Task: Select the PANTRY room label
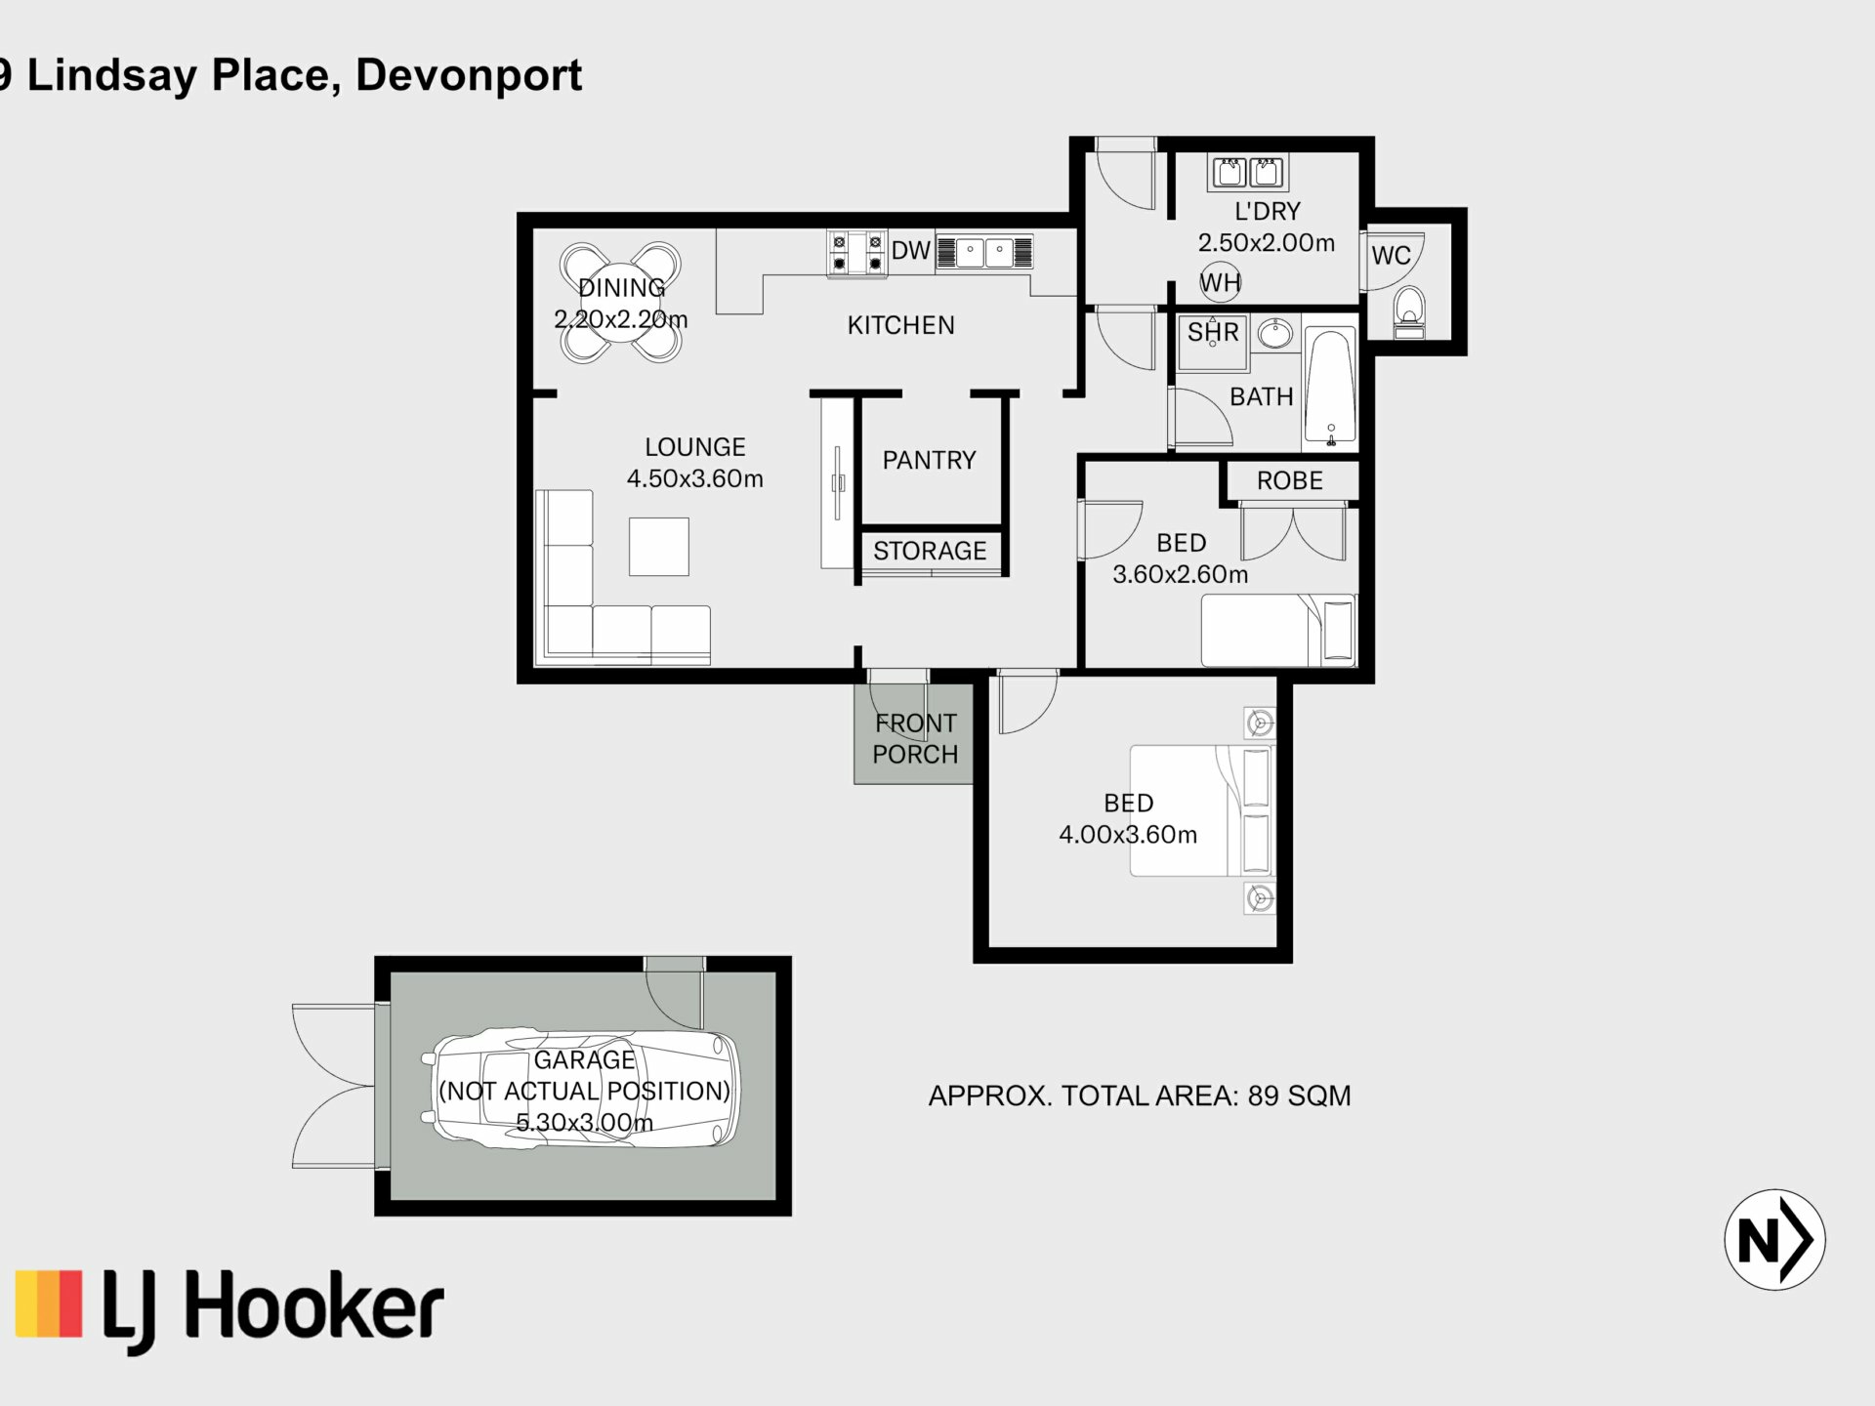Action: point(929,460)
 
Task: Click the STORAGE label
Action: point(930,551)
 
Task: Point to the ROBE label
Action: point(1289,480)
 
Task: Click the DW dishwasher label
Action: point(910,251)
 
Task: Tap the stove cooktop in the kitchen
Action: point(856,253)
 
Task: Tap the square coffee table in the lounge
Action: point(659,547)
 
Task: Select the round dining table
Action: point(620,303)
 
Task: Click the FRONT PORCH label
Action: point(915,738)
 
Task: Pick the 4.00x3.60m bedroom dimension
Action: point(1128,835)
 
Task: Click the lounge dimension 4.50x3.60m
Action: point(694,478)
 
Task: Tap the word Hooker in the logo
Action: point(314,1305)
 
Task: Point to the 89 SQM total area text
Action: point(1299,1096)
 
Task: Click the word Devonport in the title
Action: point(469,76)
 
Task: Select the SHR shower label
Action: point(1213,332)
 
